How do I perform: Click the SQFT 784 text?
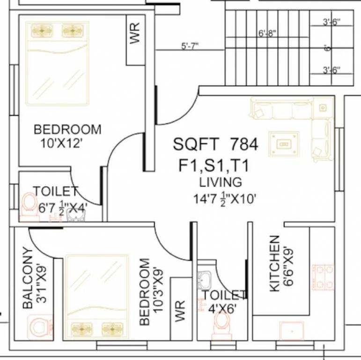click(x=215, y=144)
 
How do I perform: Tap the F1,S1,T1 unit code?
click(x=213, y=166)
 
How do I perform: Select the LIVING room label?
click(x=221, y=182)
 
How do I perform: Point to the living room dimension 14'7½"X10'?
click(x=225, y=199)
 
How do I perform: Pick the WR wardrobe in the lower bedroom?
click(x=180, y=309)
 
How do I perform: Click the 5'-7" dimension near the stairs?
click(x=190, y=46)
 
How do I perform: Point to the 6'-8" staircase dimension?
click(x=267, y=34)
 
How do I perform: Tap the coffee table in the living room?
click(x=283, y=143)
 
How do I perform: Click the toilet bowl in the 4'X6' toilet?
click(x=220, y=323)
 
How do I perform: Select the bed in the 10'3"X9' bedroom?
click(x=97, y=295)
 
